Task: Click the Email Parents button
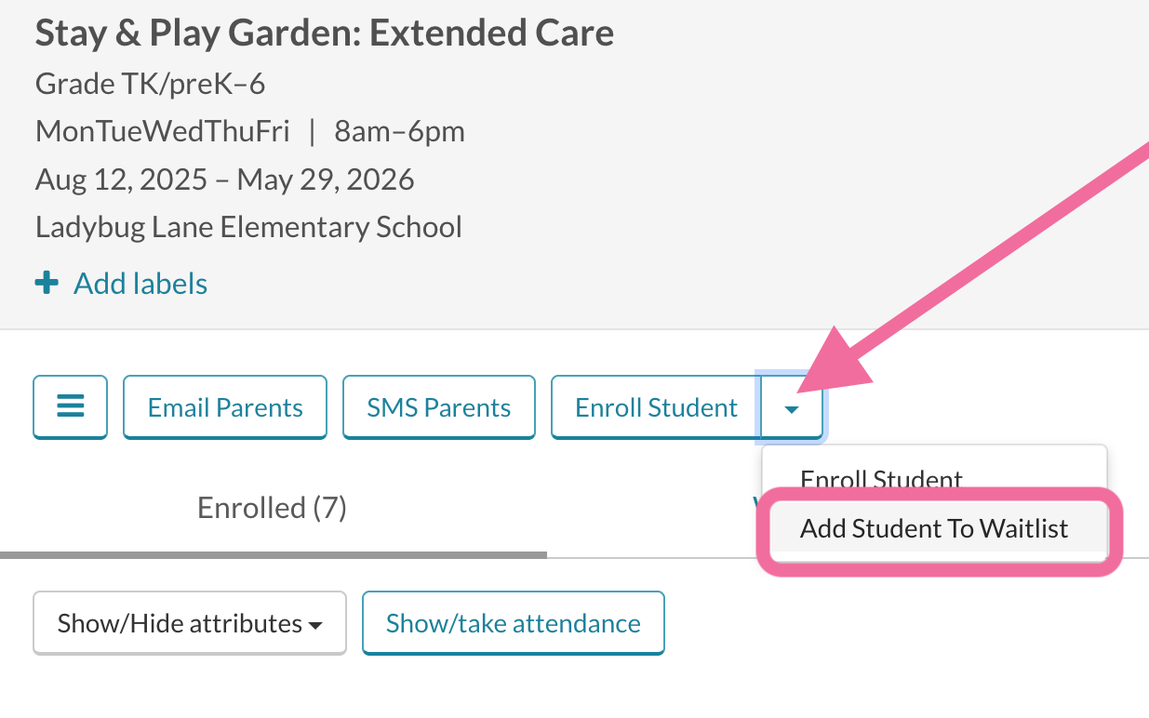224,407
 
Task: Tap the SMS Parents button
438,407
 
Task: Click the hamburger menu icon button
71,407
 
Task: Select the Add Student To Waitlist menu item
933,529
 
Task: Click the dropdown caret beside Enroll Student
792,407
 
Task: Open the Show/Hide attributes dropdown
190,623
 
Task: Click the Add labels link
140,284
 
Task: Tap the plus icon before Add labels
47,283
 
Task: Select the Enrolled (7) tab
272,508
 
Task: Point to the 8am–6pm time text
399,131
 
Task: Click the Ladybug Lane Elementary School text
248,227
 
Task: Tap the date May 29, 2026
326,179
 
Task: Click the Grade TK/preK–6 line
150,84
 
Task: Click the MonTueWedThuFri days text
162,131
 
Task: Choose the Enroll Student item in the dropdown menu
881,479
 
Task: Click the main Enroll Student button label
656,407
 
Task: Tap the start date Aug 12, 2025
121,179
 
